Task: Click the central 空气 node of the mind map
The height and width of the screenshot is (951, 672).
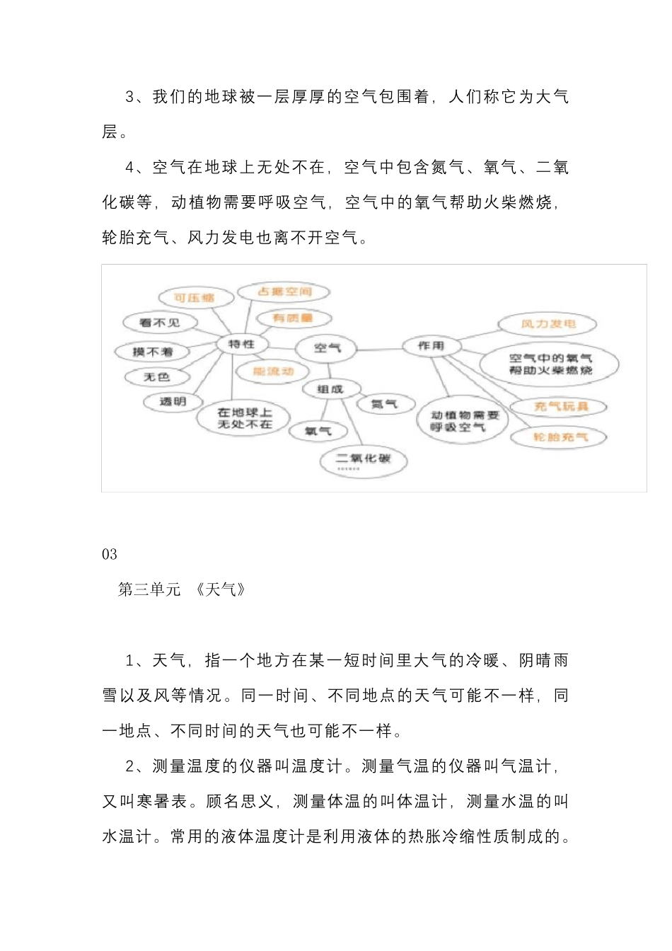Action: pos(327,347)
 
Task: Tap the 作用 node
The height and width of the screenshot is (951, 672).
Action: pos(430,345)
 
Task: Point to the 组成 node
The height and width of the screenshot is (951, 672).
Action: pos(330,388)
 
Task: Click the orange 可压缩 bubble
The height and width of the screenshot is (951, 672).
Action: pos(195,298)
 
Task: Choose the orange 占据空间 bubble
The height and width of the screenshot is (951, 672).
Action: pos(284,292)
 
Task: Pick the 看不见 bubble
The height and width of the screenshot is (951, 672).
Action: pos(160,323)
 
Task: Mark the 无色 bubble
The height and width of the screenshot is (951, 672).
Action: pos(157,377)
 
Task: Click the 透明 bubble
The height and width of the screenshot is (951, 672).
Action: pos(173,401)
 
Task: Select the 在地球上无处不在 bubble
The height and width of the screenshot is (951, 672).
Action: pos(244,418)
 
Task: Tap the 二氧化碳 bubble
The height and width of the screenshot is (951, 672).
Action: pos(364,460)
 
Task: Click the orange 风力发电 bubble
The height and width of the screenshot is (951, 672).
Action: pos(548,324)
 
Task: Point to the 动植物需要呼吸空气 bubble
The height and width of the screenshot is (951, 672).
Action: pos(465,421)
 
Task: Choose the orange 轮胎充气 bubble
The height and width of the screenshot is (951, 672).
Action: pos(560,437)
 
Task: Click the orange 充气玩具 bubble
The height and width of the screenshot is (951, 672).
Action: pos(561,406)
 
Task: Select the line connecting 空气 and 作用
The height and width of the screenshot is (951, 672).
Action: pos(378,348)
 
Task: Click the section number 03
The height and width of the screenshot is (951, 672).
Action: pos(110,554)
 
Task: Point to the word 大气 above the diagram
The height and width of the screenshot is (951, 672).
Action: pos(552,96)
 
